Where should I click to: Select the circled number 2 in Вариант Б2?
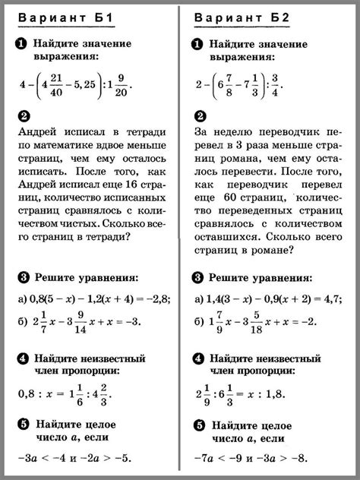pos(199,116)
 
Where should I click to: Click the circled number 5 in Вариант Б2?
pos(199,425)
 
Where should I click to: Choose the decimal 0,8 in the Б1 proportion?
pos(27,396)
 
